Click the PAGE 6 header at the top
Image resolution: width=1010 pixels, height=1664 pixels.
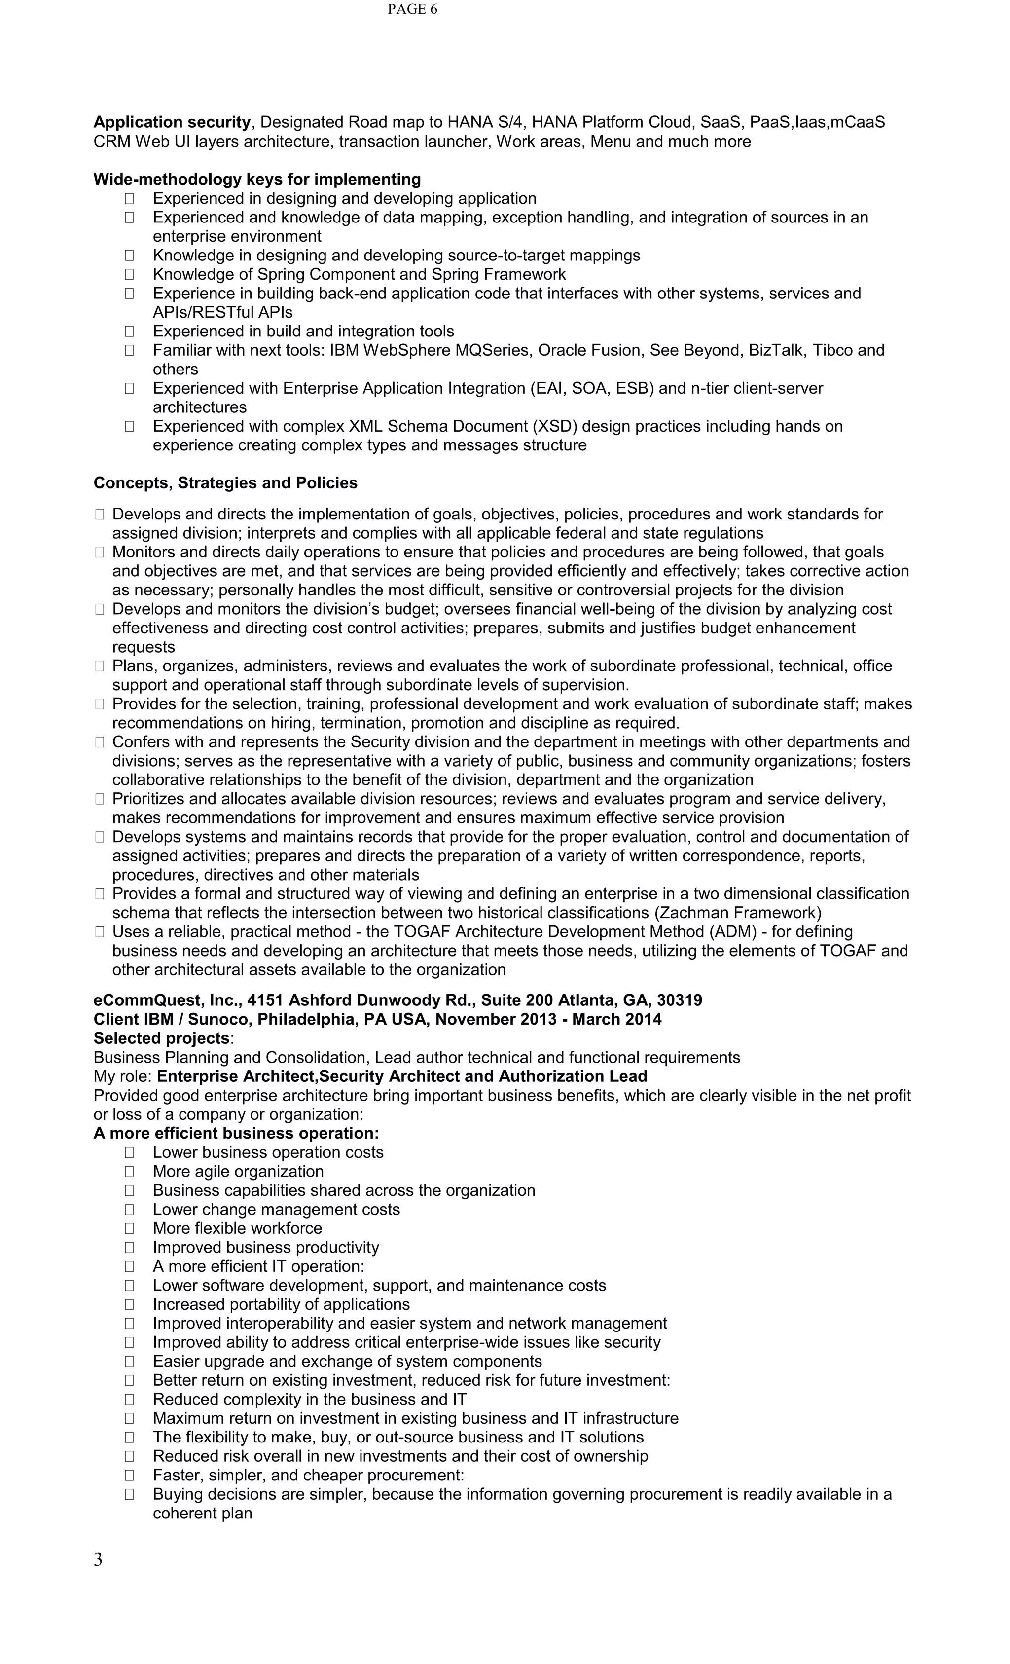(412, 9)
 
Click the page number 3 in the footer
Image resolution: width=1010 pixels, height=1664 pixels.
(98, 1559)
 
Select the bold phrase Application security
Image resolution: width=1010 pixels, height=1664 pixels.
(172, 122)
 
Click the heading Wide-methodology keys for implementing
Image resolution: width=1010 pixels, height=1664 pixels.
(256, 179)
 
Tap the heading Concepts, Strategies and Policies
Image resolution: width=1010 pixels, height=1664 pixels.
(225, 483)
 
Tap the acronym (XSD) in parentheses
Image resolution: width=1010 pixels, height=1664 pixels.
(554, 426)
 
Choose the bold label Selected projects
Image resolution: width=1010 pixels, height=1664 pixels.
(161, 1038)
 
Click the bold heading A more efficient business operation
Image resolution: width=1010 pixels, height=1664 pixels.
(236, 1133)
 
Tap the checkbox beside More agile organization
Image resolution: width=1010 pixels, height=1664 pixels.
(129, 1172)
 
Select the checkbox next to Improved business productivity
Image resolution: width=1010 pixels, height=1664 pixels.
(129, 1247)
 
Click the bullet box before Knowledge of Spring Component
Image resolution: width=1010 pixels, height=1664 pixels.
(129, 274)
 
